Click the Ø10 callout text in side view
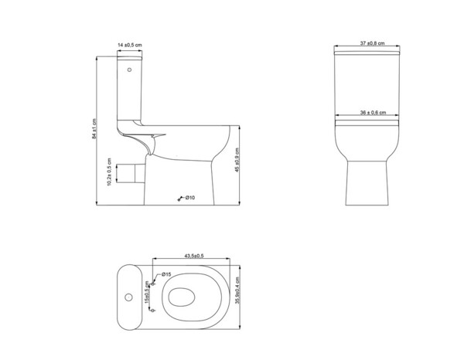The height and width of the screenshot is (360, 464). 189,198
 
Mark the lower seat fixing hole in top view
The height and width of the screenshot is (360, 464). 154,310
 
